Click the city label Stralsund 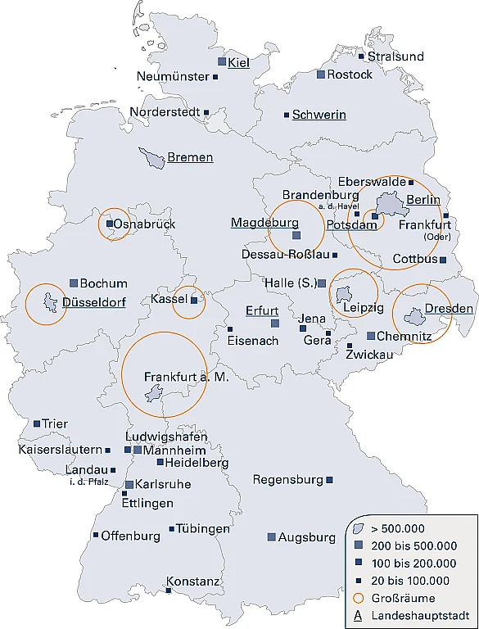click(x=395, y=57)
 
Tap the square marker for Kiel click(x=221, y=61)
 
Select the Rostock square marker click(x=321, y=75)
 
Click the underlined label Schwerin click(x=319, y=115)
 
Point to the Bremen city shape click(x=152, y=158)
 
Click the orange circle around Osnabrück click(x=114, y=224)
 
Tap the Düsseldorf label click(x=93, y=302)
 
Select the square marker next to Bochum click(x=74, y=283)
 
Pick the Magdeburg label click(x=264, y=223)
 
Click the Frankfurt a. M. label click(x=184, y=377)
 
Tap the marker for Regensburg click(x=329, y=480)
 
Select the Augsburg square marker click(x=271, y=537)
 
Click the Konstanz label click(x=193, y=582)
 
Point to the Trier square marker click(x=37, y=423)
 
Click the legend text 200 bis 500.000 click(x=414, y=545)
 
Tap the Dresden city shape click(x=414, y=313)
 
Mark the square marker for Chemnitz click(x=370, y=336)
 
